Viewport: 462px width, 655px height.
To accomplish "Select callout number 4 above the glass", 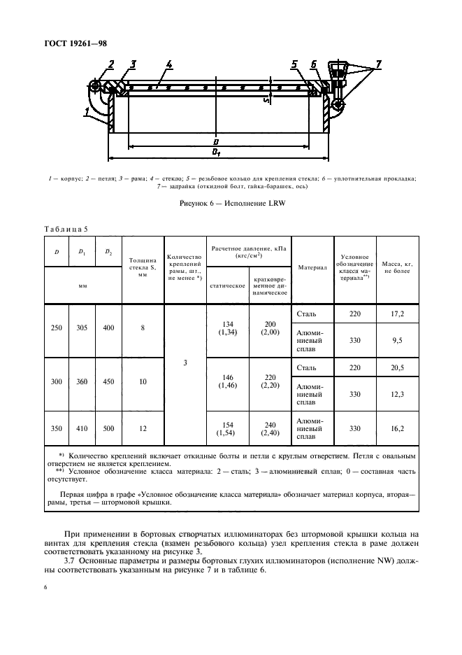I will click(169, 65).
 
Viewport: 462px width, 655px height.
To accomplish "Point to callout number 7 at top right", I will click(378, 65).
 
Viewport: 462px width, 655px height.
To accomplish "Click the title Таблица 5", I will click(66, 228).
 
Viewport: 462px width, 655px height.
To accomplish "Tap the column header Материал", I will click(310, 267).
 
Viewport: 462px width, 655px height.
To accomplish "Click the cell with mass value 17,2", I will click(396, 314).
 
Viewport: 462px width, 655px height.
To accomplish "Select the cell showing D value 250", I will click(56, 327).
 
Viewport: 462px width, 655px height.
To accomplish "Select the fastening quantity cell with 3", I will click(185, 362).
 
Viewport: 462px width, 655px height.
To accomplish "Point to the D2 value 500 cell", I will click(108, 426).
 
